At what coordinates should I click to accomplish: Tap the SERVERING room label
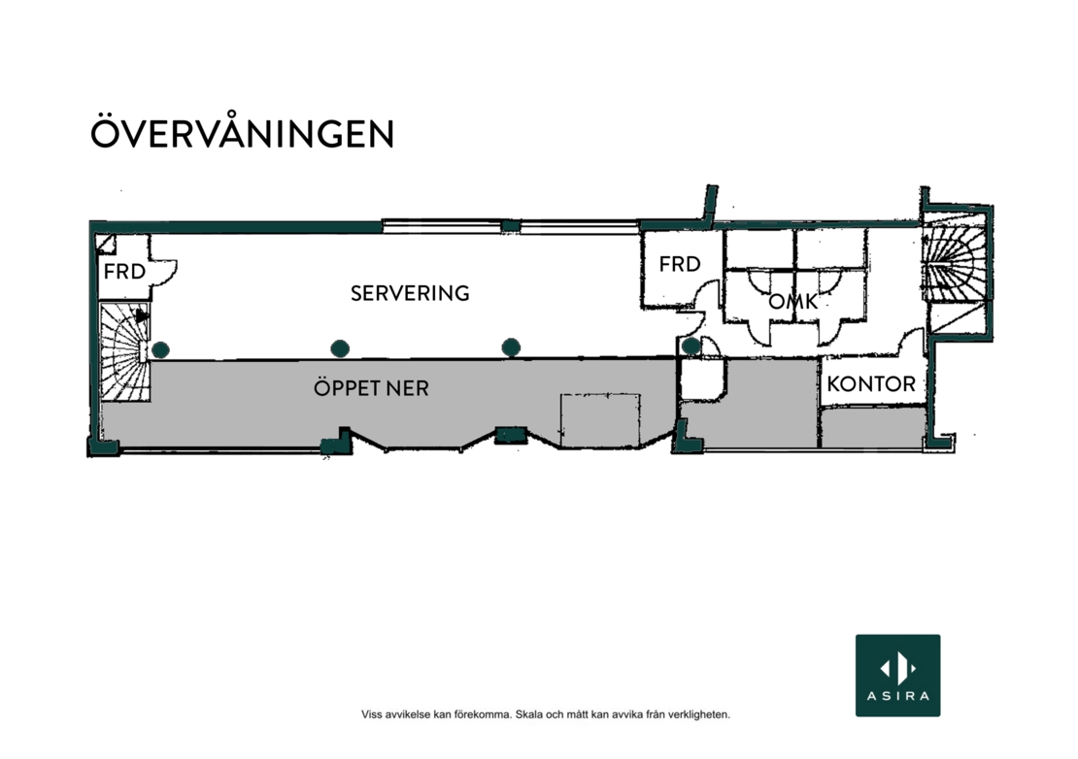click(410, 293)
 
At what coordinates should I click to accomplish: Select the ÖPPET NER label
click(371, 387)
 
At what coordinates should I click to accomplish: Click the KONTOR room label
click(871, 383)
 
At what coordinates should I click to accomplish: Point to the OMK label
click(792, 301)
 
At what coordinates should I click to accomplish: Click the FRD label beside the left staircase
click(124, 272)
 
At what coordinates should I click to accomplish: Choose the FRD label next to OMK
click(679, 264)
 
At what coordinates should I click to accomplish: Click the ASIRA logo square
click(898, 676)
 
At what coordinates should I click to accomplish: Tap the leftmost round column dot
click(160, 350)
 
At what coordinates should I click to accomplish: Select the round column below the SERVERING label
click(340, 349)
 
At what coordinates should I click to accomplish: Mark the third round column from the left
click(511, 347)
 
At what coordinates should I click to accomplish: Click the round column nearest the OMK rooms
click(691, 346)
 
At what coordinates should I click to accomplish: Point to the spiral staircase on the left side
click(125, 351)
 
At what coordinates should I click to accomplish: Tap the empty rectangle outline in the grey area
click(600, 420)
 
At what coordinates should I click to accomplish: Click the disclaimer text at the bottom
click(546, 714)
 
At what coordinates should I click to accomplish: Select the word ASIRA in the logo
click(898, 696)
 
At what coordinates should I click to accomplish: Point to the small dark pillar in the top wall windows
click(510, 225)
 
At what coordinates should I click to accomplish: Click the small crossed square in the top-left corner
click(105, 245)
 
